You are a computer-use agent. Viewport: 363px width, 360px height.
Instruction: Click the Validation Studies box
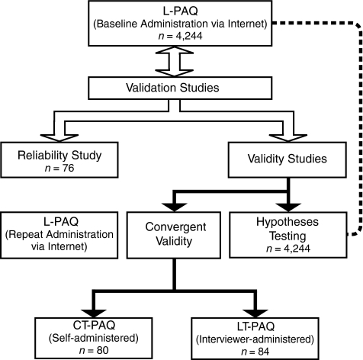(x=180, y=88)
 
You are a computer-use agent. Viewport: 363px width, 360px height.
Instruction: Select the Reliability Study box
(x=59, y=159)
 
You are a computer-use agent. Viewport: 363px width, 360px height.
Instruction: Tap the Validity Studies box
(x=288, y=159)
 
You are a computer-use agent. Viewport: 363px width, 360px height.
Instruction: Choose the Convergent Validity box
(x=174, y=235)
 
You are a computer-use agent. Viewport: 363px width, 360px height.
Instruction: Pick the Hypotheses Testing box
(x=288, y=235)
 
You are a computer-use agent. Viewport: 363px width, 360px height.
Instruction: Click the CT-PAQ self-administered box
(x=94, y=338)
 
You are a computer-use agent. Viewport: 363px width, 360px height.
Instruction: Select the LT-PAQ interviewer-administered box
(x=255, y=339)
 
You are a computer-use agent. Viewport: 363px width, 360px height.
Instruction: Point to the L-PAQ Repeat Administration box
(x=59, y=235)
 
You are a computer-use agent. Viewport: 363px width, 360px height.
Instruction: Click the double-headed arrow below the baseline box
(x=174, y=62)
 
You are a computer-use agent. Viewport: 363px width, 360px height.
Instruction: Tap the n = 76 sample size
(x=59, y=168)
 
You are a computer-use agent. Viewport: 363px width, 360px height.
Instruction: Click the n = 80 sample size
(x=94, y=350)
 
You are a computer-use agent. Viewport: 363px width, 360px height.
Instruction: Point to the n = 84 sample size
(x=255, y=352)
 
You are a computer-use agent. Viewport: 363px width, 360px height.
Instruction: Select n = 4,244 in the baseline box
(x=180, y=36)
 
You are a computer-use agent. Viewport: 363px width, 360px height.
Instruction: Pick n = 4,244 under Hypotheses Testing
(x=288, y=249)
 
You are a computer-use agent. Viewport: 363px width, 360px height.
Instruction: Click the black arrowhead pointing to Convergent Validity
(x=174, y=207)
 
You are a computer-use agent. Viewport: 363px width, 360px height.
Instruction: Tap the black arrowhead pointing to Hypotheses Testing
(x=288, y=207)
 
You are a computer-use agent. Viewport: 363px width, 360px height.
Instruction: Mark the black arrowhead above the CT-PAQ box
(x=94, y=313)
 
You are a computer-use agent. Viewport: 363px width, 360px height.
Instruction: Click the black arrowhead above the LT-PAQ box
(x=255, y=313)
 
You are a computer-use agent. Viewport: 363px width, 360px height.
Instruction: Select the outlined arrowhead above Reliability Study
(x=59, y=138)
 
